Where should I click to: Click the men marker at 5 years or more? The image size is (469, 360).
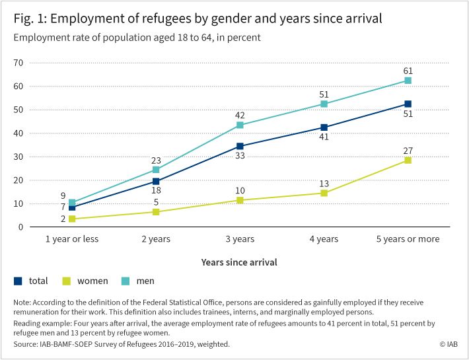pos(408,81)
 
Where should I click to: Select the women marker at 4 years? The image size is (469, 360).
pos(324,193)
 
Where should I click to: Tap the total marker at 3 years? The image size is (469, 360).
pos(240,146)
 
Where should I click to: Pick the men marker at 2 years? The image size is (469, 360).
pos(156,170)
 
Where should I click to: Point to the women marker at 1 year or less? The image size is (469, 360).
pos(72,219)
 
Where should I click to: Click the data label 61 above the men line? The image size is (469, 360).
pos(408,71)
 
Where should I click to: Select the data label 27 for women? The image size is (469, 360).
pos(408,151)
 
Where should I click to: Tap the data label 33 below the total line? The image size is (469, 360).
pos(240,155)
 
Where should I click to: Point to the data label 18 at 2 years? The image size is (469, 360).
pos(156,190)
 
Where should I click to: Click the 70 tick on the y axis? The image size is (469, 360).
pos(18,63)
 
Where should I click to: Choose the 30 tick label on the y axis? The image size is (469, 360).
pos(18,157)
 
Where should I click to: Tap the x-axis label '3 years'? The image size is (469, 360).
pos(240,239)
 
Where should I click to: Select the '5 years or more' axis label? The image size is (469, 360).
pos(408,239)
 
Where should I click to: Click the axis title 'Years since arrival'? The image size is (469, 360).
pos(239,262)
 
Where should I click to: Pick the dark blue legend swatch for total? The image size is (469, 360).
pos(18,281)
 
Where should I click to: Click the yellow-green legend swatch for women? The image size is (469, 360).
pos(67,281)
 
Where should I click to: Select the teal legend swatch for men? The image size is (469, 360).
pos(126,281)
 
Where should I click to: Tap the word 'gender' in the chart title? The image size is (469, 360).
pos(231,19)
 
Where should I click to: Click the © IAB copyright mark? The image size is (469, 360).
pos(449,344)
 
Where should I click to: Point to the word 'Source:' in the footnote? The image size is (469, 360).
pos(25,344)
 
